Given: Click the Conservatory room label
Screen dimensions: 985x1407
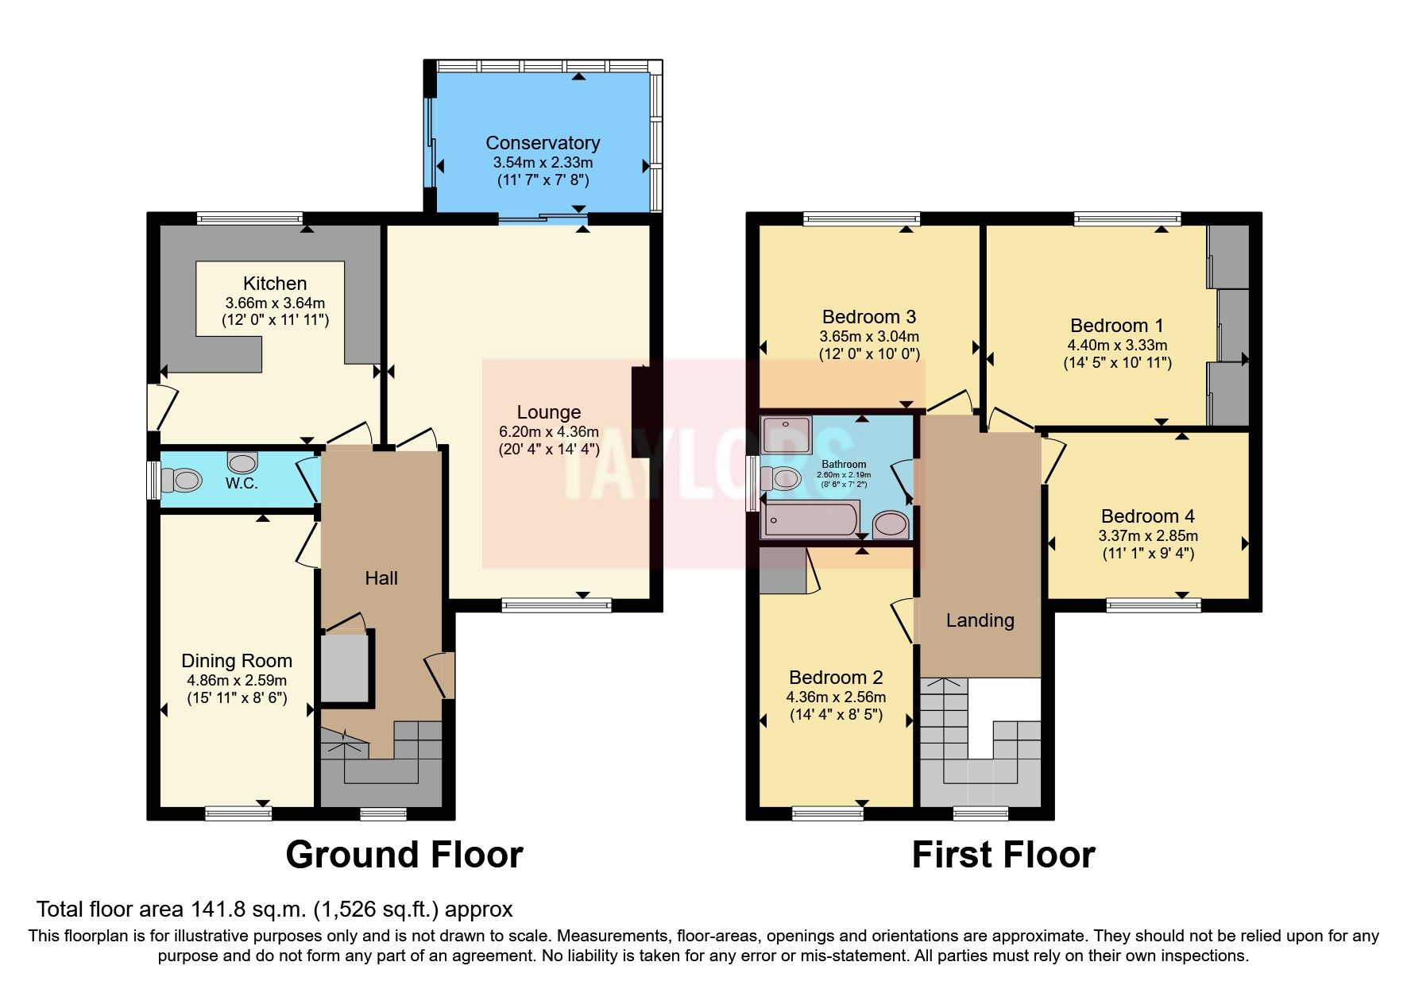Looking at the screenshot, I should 543,143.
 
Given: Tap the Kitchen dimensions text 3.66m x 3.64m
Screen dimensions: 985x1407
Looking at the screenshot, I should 275,303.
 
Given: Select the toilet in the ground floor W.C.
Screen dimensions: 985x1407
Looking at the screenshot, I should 181,480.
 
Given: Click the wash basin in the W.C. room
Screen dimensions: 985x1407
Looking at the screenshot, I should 242,462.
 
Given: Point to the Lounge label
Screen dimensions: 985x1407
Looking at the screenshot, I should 548,412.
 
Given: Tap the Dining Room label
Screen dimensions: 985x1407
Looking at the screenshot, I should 237,661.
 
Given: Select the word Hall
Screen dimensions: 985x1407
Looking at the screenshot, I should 381,578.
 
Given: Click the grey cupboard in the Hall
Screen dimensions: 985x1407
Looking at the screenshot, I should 346,667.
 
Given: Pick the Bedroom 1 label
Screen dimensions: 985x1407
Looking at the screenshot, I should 1116,326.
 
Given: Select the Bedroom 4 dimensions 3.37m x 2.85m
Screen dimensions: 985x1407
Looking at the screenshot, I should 1147,535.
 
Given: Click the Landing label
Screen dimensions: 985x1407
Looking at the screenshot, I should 980,620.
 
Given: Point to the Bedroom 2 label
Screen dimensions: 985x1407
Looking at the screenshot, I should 836,678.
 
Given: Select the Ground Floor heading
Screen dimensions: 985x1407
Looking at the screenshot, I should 404,855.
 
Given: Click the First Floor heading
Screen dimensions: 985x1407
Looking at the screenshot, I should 1003,855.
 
